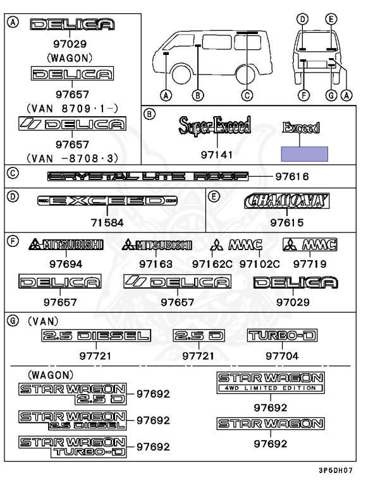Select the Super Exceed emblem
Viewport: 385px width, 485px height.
pos(214,127)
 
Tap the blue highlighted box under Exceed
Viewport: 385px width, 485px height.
pos(304,154)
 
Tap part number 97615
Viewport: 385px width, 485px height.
pos(287,222)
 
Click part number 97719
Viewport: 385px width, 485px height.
pos(310,262)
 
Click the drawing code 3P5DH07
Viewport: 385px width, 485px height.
pos(349,470)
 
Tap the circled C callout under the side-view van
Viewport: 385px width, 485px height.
pos(247,96)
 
